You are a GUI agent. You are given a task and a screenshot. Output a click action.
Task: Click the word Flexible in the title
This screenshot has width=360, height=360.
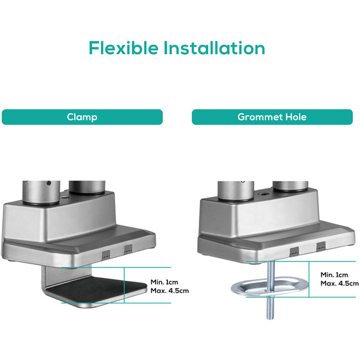click(124, 48)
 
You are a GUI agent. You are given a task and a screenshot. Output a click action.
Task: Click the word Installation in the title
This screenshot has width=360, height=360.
click(214, 48)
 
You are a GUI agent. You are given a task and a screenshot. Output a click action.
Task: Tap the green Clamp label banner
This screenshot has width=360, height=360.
click(82, 117)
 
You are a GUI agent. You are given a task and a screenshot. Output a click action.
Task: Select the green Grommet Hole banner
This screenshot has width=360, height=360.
click(272, 117)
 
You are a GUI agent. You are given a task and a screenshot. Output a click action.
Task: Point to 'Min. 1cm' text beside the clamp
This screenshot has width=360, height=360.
click(164, 282)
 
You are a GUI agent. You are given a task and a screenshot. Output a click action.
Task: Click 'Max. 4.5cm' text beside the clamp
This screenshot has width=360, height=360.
click(169, 291)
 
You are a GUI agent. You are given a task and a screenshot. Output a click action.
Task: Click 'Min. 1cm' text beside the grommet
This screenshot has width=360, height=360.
click(335, 275)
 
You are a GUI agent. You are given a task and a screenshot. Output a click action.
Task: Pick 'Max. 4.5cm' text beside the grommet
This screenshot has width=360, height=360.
click(340, 284)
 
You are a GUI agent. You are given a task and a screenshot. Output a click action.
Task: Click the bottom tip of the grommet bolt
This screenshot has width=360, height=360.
click(270, 319)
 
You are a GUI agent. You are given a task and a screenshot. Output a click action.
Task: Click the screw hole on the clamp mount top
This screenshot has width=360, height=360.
click(64, 198)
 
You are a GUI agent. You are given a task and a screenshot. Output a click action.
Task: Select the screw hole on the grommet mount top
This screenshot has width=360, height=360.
click(261, 194)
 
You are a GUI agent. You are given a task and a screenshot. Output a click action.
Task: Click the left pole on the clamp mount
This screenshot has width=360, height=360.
click(42, 192)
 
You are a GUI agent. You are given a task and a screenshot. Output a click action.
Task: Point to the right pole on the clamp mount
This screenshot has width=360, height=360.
click(88, 187)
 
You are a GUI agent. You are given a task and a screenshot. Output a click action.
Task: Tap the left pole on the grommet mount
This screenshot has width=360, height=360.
click(236, 191)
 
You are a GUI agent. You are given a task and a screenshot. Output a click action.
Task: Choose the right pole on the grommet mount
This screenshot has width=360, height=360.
click(290, 186)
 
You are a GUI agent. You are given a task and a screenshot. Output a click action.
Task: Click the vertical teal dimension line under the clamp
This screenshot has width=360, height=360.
click(124, 285)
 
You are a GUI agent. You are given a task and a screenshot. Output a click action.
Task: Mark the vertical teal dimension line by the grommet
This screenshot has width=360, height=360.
click(309, 279)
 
